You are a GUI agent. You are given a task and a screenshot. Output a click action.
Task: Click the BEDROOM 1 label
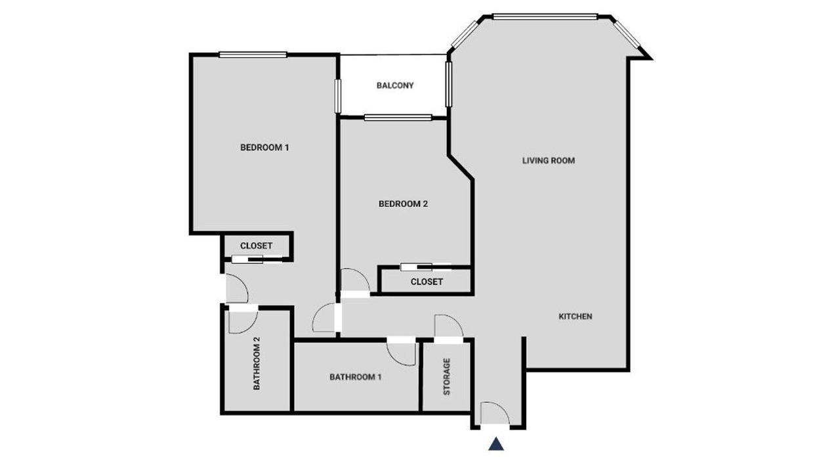pos(264,148)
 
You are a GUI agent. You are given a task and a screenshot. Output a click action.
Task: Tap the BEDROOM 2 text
pos(403,204)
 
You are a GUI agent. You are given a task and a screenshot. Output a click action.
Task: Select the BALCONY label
pos(395,85)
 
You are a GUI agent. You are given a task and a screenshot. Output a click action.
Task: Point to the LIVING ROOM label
pos(549,161)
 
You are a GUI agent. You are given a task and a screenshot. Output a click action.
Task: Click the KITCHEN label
pos(576,317)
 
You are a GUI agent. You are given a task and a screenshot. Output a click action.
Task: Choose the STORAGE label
pos(447,376)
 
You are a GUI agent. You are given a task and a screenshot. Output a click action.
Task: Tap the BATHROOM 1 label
pos(356,377)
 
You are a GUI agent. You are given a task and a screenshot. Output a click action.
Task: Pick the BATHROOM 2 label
pos(257,363)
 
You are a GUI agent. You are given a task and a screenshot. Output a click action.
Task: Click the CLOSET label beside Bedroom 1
pos(256,246)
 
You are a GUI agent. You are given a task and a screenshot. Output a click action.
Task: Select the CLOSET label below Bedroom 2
pos(427,282)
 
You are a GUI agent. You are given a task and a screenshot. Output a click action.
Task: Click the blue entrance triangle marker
pos(495,443)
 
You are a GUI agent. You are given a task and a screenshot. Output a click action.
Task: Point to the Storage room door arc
pos(455,321)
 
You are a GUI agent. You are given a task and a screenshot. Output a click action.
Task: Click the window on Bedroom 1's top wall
pos(253,55)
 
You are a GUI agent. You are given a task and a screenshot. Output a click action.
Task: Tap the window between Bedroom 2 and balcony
pos(398,118)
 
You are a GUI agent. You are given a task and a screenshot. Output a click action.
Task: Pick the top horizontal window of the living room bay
pos(545,17)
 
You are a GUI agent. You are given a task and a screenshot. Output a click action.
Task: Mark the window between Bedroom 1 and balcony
pos(338,96)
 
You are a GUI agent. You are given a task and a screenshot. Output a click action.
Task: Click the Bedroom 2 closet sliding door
pos(426,267)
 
